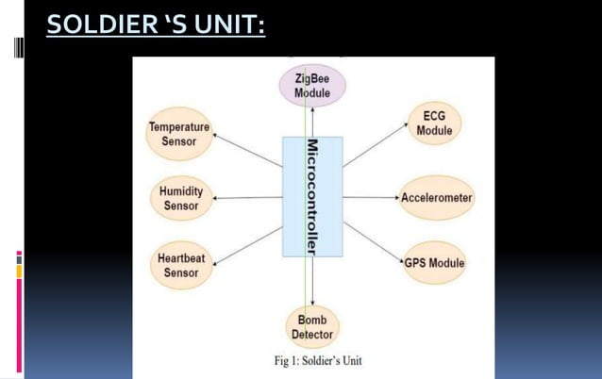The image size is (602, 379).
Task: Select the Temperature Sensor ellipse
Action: pyautogui.click(x=179, y=134)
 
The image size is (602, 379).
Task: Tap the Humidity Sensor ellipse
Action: pyautogui.click(x=180, y=198)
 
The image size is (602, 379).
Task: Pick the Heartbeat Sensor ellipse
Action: pyautogui.click(x=180, y=265)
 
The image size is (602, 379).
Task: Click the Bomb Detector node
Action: pyautogui.click(x=311, y=327)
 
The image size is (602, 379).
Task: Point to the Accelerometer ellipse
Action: pyautogui.click(x=436, y=198)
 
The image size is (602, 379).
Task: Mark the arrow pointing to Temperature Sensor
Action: pyautogui.click(x=247, y=151)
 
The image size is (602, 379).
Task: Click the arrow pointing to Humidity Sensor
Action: pyautogui.click(x=247, y=198)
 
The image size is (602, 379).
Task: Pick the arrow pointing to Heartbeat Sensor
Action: pyautogui.click(x=247, y=242)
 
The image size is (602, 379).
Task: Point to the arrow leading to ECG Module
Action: pyautogui.click(x=374, y=149)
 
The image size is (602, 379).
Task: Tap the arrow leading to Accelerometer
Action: pyautogui.click(x=372, y=198)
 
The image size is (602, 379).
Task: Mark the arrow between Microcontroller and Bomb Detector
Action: pyautogui.click(x=312, y=281)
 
